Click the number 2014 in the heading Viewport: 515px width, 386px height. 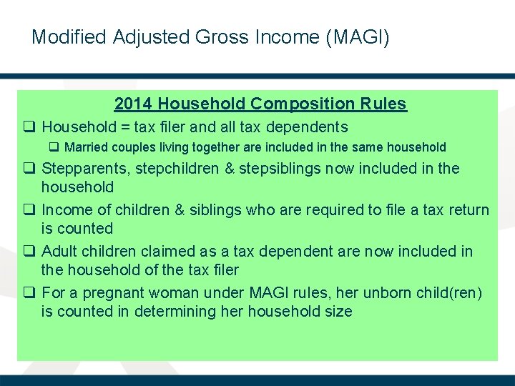click(x=134, y=104)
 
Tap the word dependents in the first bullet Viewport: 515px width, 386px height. click(x=308, y=127)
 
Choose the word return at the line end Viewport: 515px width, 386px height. click(x=469, y=210)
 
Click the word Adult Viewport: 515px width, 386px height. click(x=59, y=252)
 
